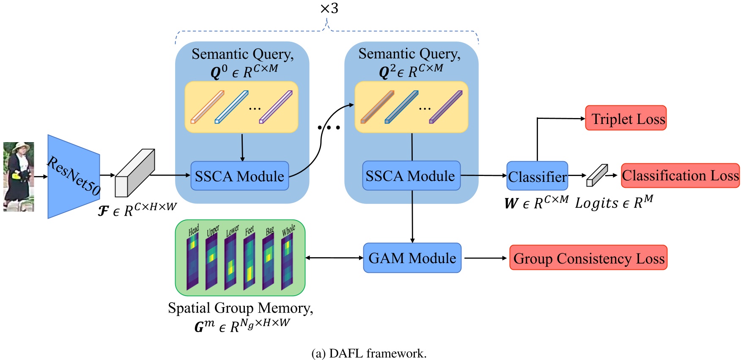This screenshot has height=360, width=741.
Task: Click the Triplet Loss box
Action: (626, 118)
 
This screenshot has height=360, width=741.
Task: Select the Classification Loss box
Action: (680, 176)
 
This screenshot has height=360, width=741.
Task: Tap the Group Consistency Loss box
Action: (588, 258)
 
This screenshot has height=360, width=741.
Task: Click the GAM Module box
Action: (412, 258)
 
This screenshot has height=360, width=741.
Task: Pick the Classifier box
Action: (537, 176)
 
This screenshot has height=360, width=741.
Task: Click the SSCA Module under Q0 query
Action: (239, 176)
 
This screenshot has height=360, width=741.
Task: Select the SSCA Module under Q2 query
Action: (411, 176)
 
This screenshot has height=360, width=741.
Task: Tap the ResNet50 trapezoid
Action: (73, 176)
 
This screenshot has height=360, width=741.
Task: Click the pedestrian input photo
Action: (19, 176)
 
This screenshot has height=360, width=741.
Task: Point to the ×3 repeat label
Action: (329, 8)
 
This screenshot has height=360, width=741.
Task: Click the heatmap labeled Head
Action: (193, 262)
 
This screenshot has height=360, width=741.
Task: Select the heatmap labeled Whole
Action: (287, 262)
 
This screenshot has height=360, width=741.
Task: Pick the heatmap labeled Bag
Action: (268, 262)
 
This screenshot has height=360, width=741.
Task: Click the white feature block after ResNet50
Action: (134, 173)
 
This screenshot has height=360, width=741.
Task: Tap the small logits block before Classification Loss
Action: (596, 176)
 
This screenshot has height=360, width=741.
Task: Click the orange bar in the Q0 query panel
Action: (207, 107)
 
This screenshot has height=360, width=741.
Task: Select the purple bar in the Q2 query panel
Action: (445, 107)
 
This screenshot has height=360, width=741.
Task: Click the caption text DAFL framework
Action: (369, 353)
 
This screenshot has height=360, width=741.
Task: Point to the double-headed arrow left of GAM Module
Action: (334, 258)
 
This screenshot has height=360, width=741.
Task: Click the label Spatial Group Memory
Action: (240, 308)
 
